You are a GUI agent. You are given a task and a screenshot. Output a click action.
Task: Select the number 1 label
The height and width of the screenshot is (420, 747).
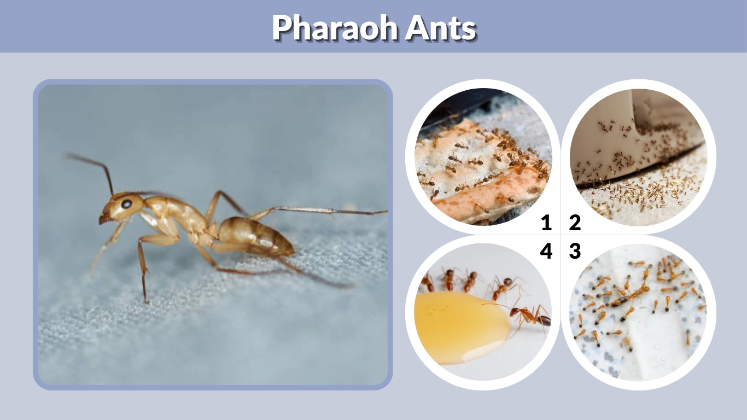[x=546, y=223]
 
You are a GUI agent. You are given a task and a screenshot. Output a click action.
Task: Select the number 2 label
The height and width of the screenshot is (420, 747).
[x=574, y=223]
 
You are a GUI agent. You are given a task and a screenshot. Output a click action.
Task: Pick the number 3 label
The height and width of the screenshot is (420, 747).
[x=574, y=252]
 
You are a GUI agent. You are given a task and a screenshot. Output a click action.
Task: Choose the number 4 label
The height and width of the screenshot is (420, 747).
[x=546, y=252]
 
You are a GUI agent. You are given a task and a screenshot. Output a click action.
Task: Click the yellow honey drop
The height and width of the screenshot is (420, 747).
[x=459, y=325]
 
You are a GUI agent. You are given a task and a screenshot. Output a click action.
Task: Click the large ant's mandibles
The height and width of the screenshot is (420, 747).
[x=103, y=219]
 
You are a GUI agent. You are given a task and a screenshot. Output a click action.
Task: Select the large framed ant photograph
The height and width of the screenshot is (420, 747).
[x=213, y=235]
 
